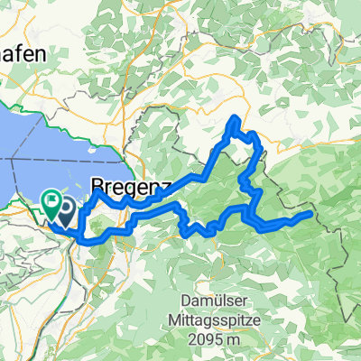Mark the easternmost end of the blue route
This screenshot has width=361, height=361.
(311, 214)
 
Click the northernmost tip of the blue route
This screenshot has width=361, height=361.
(236, 118)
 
